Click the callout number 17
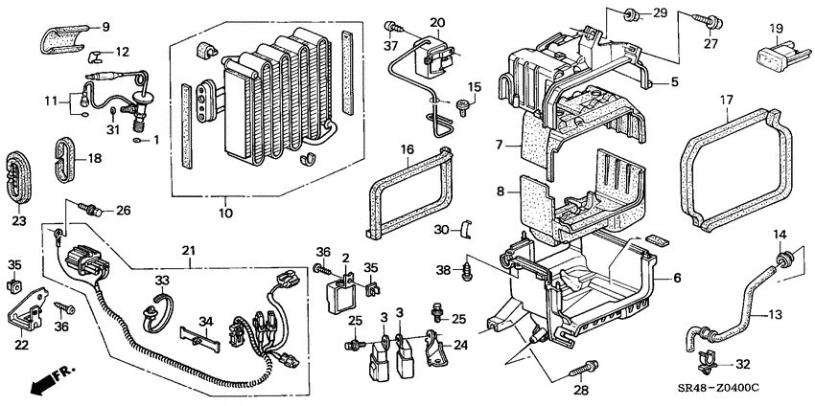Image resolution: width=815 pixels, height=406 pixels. coord(726,99)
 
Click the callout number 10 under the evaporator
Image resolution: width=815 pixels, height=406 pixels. coord(226,213)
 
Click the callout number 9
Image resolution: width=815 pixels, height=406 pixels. coord(105,26)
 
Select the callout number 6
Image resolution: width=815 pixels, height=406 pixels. coord(677,278)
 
